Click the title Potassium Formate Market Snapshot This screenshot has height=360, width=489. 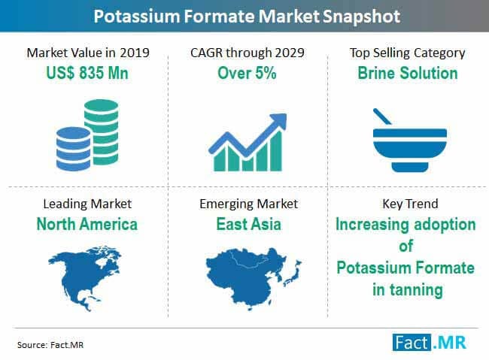pyautogui.click(x=244, y=14)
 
